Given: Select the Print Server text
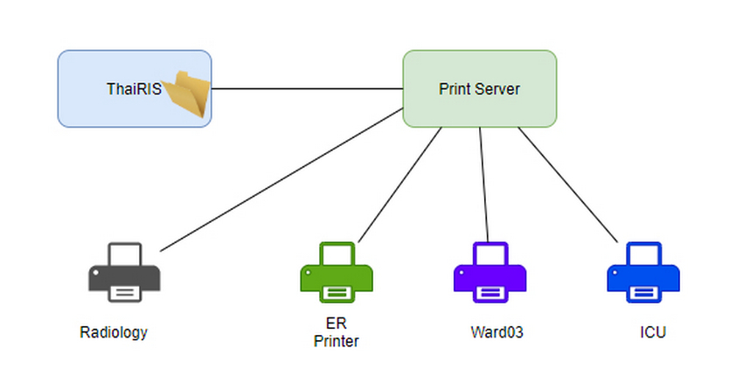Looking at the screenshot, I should coord(479,88).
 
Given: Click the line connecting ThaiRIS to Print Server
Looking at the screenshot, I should coord(306,88).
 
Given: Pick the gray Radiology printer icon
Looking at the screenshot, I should coord(124,273).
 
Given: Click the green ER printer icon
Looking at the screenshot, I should coord(337,273).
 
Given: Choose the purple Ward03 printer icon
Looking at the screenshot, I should coord(490,273).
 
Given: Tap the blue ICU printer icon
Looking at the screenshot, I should coord(643,273).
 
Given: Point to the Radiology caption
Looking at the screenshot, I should coord(114,332).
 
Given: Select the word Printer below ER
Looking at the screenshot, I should coord(337,341).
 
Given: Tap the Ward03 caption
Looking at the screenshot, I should coord(496,332).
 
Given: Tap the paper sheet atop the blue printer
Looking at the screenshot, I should coord(643,254).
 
